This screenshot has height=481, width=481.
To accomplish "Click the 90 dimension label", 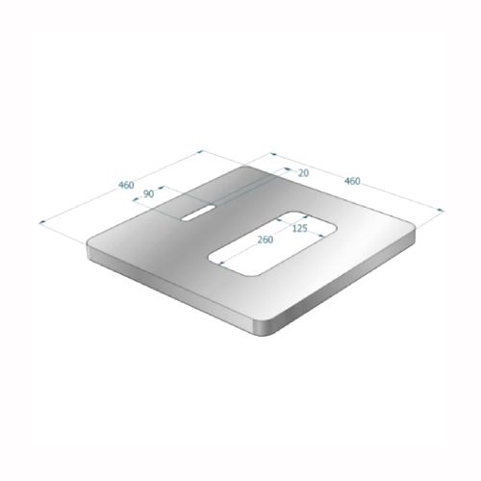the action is point(148,194).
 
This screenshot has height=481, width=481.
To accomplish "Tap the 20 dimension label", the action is point(303,173).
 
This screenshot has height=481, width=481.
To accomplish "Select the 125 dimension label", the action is point(300,229).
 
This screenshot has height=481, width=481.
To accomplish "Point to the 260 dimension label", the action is point(266,240).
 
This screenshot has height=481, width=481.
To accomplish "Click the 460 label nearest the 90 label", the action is point(126,185).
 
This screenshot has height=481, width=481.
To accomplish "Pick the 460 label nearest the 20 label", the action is point(352,181).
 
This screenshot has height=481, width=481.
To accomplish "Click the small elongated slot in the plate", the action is point(198,213).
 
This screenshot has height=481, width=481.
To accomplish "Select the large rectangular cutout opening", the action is point(273,243).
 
